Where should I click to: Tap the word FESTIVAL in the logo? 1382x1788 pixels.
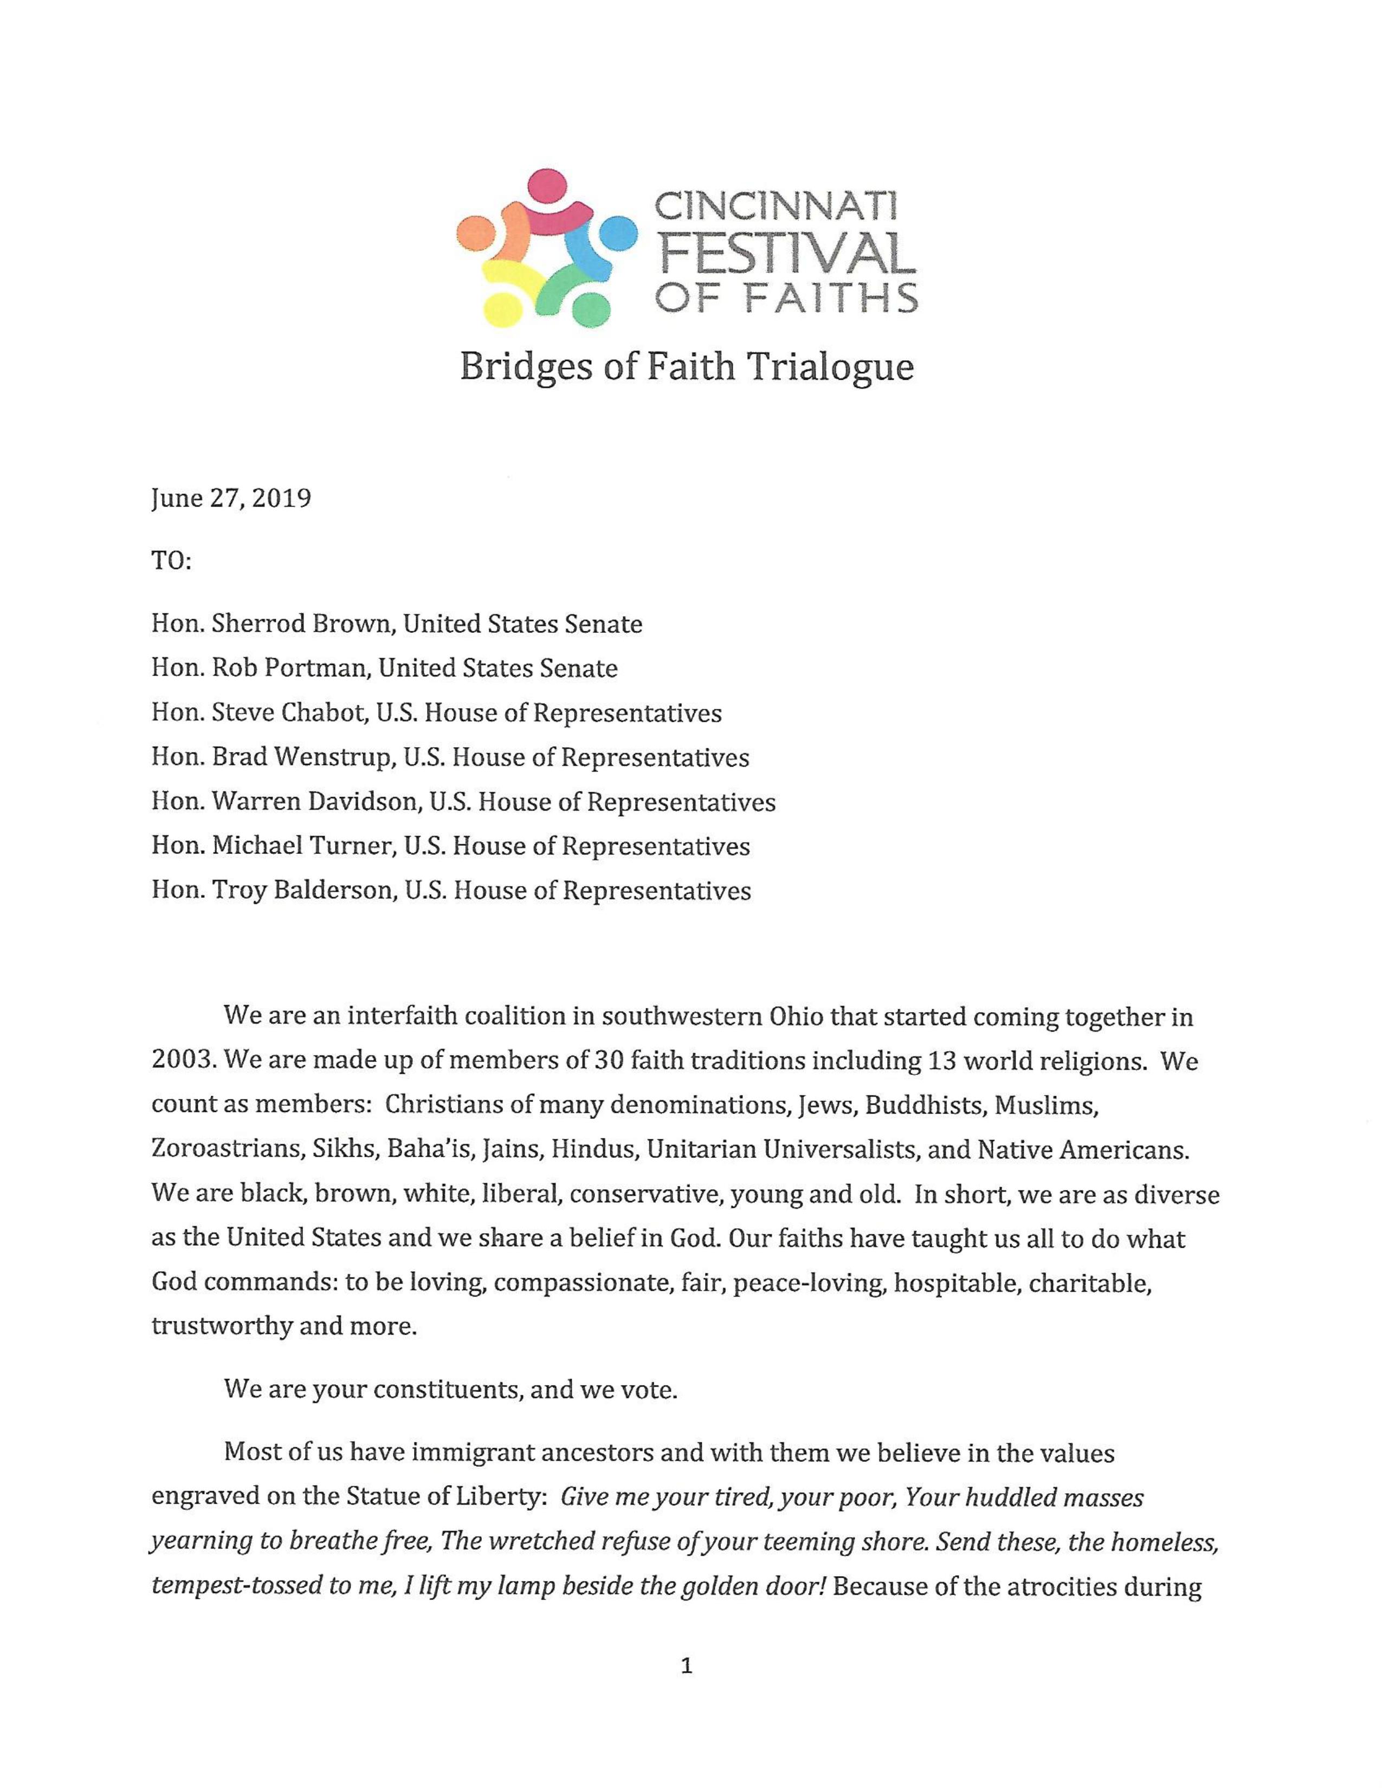(787, 254)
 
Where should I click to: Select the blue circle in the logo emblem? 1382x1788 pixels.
(620, 234)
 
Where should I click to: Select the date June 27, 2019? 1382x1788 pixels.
(231, 498)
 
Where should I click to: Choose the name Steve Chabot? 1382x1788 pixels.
(287, 713)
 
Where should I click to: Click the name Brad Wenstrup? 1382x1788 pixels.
(301, 757)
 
